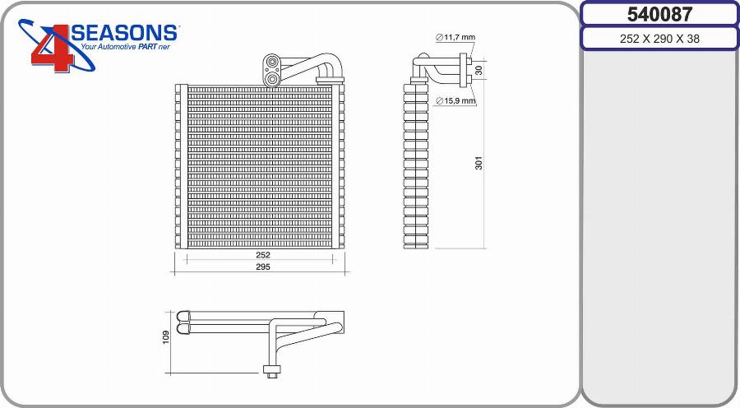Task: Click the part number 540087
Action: (659, 14)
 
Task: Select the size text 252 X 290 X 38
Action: (659, 39)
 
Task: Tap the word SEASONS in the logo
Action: (125, 33)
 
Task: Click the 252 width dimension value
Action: (261, 255)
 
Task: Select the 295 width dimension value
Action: (261, 267)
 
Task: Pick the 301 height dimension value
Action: (479, 163)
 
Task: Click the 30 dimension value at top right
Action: (479, 69)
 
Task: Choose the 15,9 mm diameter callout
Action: (456, 101)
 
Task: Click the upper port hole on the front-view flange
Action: (272, 63)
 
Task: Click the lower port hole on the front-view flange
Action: (272, 78)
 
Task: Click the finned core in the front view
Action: (259, 165)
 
